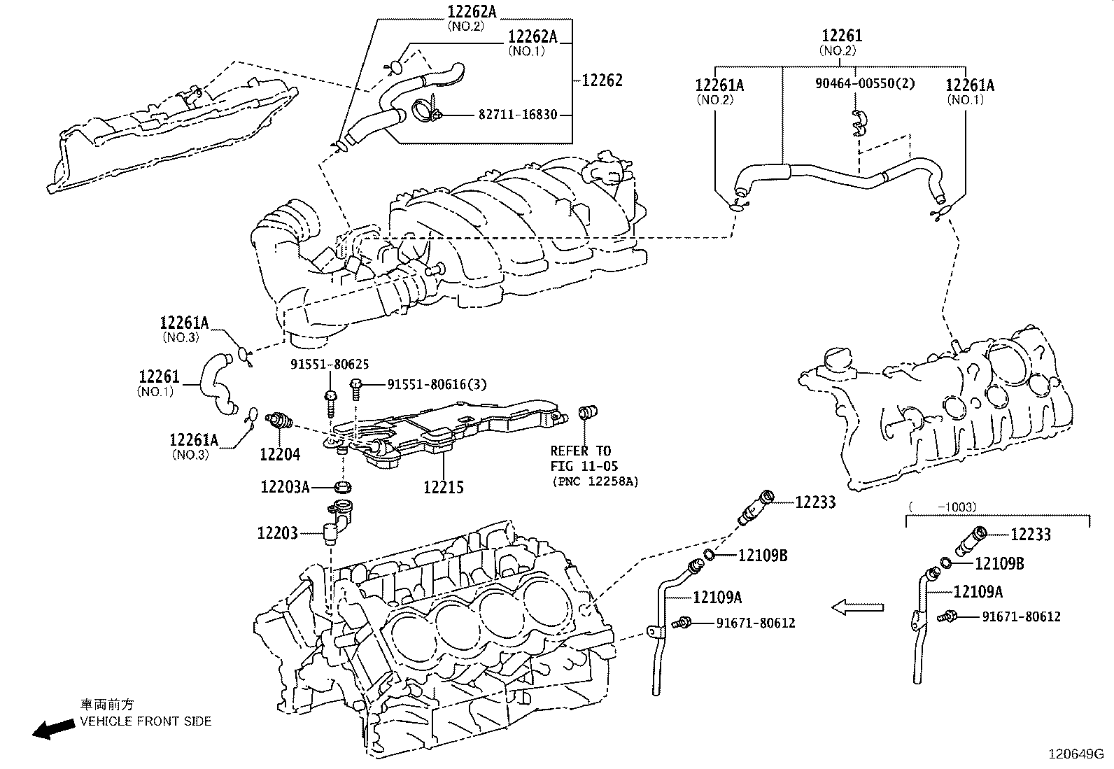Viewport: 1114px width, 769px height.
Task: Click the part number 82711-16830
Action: click(517, 114)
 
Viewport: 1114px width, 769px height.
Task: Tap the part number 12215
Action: click(443, 487)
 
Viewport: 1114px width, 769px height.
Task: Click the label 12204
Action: click(280, 454)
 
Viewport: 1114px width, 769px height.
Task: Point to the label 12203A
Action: click(285, 486)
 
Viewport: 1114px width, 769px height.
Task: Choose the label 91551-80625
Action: click(330, 364)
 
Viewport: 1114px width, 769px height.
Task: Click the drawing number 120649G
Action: click(1075, 754)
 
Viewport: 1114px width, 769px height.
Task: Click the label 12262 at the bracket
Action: click(602, 80)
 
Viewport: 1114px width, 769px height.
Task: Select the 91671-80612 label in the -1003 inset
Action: click(1021, 616)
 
